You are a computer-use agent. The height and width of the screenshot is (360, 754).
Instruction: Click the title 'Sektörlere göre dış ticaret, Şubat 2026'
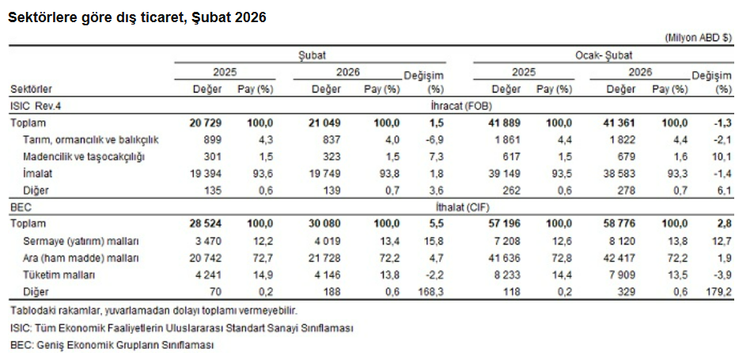pos(136,17)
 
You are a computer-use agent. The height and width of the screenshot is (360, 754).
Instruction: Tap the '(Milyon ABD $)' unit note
pos(699,37)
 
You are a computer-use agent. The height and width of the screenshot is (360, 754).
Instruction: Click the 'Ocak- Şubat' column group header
pos(602,55)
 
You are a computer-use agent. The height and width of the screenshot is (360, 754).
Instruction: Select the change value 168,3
pos(430,292)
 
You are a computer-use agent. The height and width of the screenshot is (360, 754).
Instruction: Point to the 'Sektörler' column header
pos(32,89)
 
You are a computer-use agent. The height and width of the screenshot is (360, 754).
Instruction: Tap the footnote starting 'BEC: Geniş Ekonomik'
pos(112,345)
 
